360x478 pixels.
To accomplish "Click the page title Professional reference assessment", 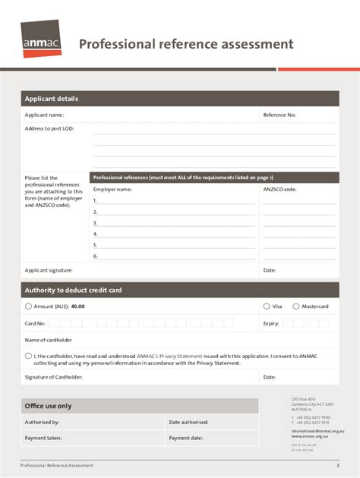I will point(186,44).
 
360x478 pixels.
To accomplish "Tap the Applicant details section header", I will point(51,99).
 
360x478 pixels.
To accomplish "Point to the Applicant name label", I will point(44,115).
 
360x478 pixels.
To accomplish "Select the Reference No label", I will point(279,115).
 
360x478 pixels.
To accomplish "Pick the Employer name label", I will point(112,190).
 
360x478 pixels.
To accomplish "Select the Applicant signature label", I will point(49,270).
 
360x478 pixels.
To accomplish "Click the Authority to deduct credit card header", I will point(73,290).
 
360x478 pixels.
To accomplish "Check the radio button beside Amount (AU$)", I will point(28,307).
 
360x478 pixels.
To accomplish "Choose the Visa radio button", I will point(267,307).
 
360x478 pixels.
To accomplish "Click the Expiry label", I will point(271,323).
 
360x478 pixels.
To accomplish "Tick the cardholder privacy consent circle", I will point(28,355).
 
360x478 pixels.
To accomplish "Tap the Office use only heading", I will point(48,406).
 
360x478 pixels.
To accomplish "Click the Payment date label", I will point(186,438).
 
